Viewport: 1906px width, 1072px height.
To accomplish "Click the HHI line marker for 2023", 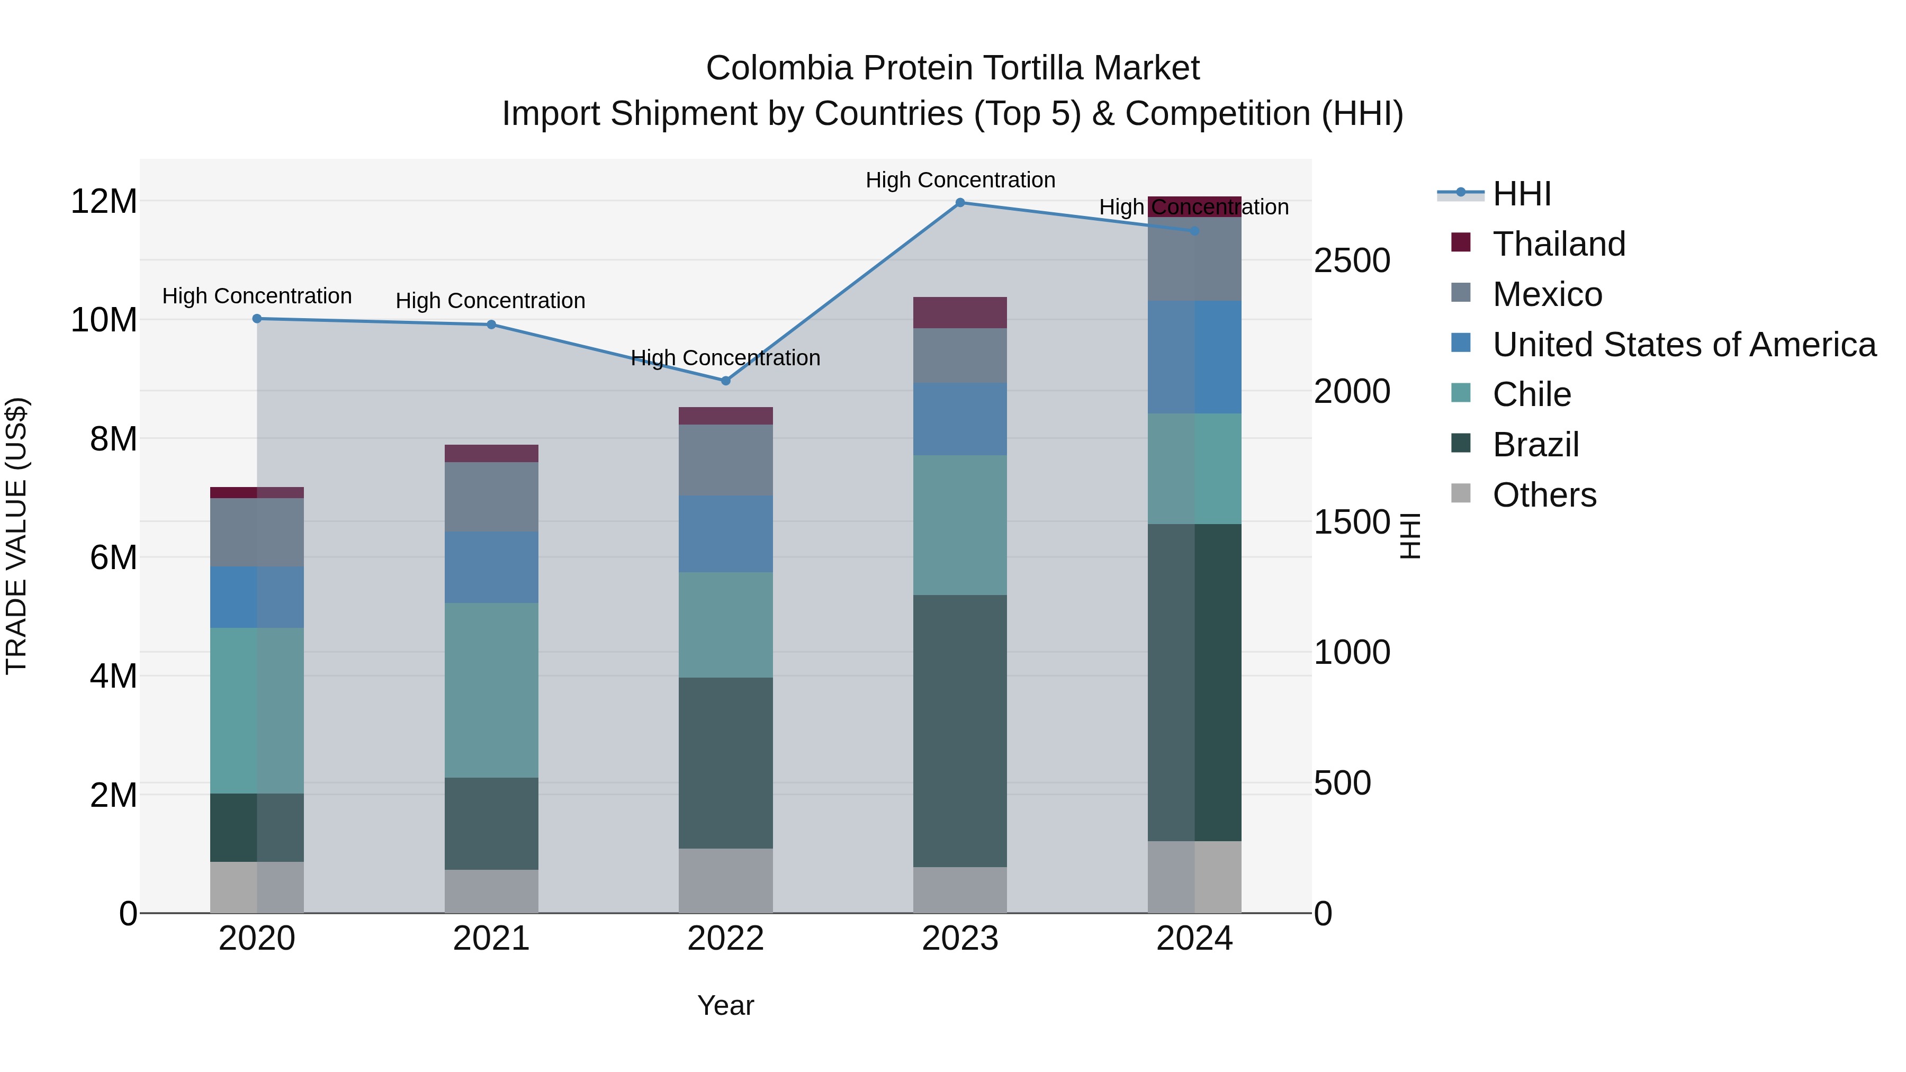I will (x=960, y=203).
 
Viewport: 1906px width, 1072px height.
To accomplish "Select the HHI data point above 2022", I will (x=725, y=381).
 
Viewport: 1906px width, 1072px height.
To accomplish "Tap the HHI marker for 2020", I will (x=257, y=319).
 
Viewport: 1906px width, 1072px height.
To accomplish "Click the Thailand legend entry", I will (x=1558, y=244).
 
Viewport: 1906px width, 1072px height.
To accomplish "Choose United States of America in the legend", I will (x=1683, y=345).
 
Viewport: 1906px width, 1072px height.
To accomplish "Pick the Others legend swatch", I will (x=1461, y=493).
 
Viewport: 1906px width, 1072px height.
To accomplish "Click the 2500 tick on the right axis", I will (x=1352, y=261).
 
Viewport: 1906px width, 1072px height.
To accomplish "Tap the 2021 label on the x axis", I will (x=491, y=939).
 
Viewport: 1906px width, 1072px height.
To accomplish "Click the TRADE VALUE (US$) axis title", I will (x=16, y=536).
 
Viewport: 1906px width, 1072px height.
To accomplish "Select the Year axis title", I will (x=725, y=1005).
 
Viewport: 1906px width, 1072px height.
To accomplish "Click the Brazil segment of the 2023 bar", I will (x=960, y=731).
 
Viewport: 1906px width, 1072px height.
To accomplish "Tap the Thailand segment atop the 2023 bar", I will (x=960, y=313).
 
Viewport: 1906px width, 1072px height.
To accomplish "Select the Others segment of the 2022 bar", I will (x=725, y=880).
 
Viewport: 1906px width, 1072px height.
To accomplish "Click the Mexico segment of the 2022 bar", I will (x=725, y=460).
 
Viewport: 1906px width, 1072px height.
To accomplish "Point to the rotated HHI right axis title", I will (x=1410, y=536).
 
